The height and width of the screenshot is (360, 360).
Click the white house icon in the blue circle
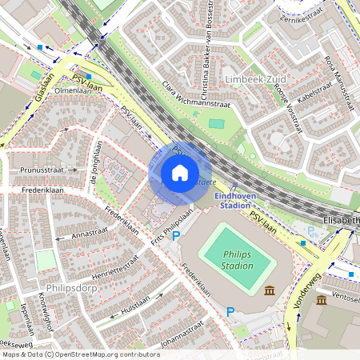(180, 173)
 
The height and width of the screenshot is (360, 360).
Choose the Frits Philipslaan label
(173, 226)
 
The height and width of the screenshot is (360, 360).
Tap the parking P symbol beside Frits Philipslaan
(178, 235)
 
